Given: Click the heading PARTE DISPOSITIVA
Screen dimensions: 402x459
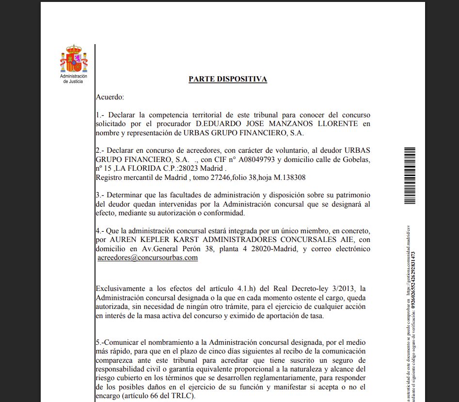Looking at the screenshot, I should tap(228, 79).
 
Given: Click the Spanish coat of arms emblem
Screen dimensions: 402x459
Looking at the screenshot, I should tap(73, 59).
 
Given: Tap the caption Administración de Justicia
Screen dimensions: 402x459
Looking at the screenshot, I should tap(73, 79).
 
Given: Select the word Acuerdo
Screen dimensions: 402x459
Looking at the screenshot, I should tap(110, 97).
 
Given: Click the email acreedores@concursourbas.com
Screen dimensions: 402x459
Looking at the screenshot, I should tap(148, 257).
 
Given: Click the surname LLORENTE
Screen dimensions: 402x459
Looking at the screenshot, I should tap(330, 124).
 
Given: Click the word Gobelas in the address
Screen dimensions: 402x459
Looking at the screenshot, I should tap(356, 160).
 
